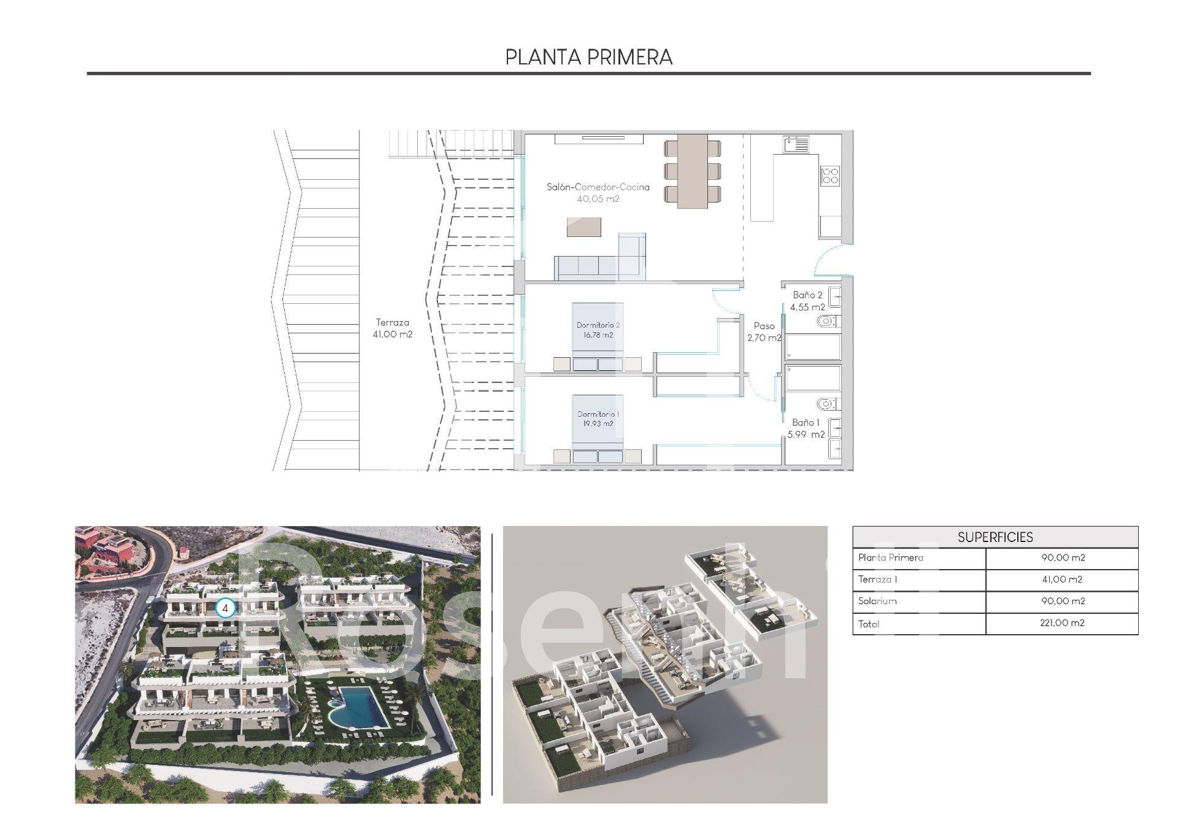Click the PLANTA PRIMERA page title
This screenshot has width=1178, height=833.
[x=589, y=57]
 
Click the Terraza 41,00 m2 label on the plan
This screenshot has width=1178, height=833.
[x=393, y=328]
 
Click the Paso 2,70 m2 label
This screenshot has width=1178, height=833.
[x=764, y=332]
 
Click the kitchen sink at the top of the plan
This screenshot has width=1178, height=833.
[x=796, y=145]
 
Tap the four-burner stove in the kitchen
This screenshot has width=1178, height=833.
[x=830, y=176]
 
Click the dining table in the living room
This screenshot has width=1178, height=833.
[x=693, y=171]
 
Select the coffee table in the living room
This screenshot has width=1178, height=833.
[x=583, y=227]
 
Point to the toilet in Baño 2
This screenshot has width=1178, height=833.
[x=828, y=321]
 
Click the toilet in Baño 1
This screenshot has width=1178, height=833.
[x=828, y=404]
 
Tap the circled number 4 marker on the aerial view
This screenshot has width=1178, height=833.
[x=226, y=608]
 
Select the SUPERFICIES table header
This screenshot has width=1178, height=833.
[x=995, y=537]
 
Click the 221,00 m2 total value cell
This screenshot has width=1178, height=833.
[x=1063, y=623]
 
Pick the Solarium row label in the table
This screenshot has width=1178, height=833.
[x=877, y=601]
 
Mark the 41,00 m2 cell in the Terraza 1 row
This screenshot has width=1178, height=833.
[x=1063, y=579]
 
